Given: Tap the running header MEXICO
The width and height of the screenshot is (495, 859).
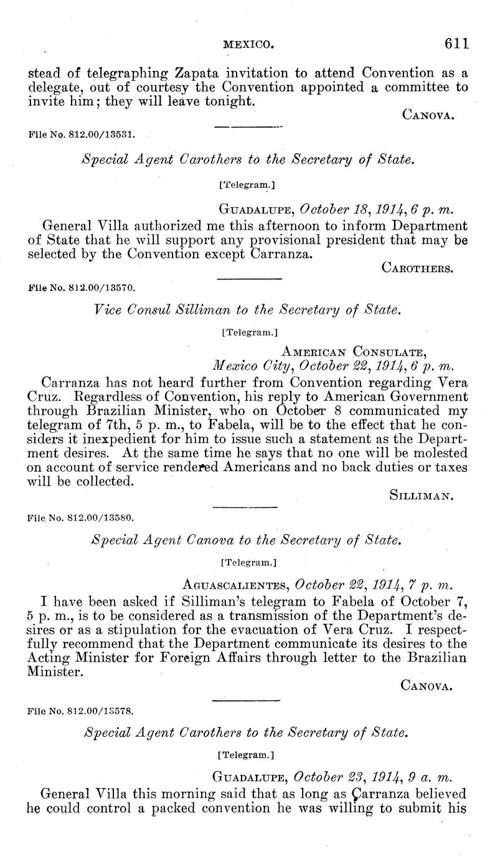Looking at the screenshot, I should pos(248,44).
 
